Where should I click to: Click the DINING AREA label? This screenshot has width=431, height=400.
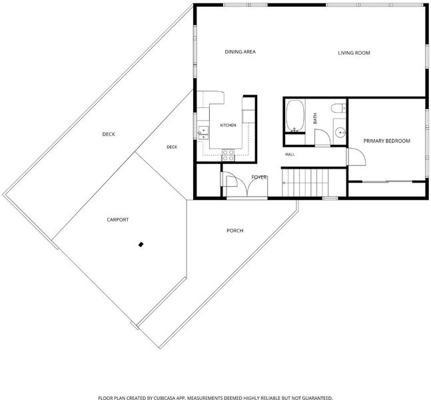coord(240,52)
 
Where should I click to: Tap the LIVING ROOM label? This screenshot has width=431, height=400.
coord(354,53)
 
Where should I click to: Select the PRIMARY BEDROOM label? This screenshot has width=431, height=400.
coord(387,141)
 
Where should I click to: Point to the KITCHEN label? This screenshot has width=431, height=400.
coord(228,125)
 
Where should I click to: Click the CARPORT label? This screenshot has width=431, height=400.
coord(118,219)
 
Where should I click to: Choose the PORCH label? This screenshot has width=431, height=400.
coord(234,231)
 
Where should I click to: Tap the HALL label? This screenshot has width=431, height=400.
coord(290,155)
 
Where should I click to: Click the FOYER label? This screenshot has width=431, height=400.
coord(259,177)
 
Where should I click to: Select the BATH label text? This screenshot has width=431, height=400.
coord(315,118)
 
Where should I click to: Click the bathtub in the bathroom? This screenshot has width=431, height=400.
coord(295,115)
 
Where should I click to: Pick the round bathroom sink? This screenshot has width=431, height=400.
coord(340,133)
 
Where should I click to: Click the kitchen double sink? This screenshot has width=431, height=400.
coord(203,133)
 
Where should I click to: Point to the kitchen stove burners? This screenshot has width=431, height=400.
coord(228,155)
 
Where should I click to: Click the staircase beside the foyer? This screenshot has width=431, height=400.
coord(305,183)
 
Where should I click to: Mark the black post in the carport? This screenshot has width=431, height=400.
coord(141,244)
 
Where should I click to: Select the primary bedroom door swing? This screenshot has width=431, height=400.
coord(357,157)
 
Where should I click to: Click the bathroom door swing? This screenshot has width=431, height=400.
coord(322,137)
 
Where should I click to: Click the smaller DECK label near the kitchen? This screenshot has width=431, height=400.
coord(172,147)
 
